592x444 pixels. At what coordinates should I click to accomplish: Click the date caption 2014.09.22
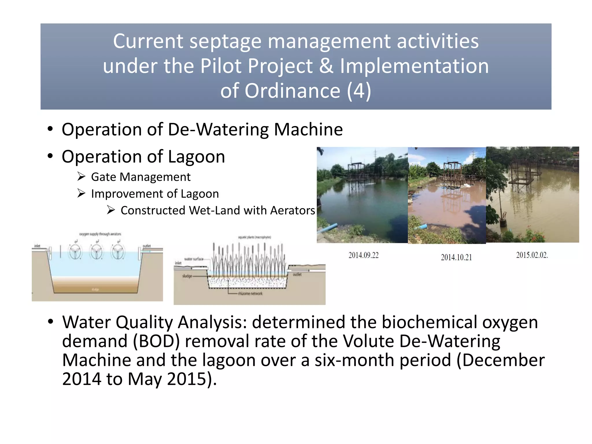[x=363, y=255]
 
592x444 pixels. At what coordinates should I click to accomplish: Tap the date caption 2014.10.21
[x=456, y=257]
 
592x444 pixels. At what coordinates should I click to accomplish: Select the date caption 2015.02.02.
[x=532, y=255]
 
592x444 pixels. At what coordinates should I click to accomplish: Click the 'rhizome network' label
[x=250, y=293]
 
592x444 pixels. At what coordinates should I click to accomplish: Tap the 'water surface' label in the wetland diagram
[x=194, y=259]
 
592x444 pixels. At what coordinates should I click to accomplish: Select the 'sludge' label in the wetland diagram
[x=187, y=276]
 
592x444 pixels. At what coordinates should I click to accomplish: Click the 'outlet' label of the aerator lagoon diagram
[x=147, y=246]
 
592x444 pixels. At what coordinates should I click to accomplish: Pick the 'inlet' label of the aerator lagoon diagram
[x=37, y=246]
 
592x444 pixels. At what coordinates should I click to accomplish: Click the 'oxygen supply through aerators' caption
[x=100, y=234]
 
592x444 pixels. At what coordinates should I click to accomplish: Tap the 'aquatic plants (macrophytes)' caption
[x=254, y=237]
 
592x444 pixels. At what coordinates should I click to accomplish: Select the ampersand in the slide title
[x=326, y=66]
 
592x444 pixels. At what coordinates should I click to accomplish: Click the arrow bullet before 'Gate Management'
[x=81, y=176]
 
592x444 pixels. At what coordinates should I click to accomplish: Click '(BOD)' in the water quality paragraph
[x=156, y=341]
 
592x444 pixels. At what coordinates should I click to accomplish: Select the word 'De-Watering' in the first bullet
[x=218, y=129]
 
